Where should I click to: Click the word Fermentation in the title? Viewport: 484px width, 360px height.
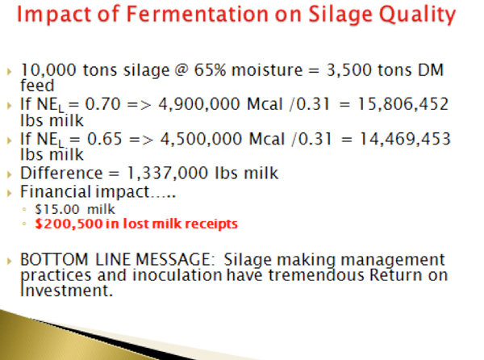click(198, 15)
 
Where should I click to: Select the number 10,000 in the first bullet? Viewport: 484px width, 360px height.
click(48, 70)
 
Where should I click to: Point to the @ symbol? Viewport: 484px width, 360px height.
click(181, 70)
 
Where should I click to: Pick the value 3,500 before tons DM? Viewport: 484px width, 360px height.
click(348, 70)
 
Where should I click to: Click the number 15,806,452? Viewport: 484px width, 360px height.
click(403, 104)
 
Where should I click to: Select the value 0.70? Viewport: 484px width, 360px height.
click(102, 104)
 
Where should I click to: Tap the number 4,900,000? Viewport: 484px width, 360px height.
click(199, 104)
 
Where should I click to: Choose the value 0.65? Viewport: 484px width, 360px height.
click(105, 139)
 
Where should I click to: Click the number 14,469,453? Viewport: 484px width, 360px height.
click(405, 139)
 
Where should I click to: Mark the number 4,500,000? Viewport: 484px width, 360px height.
click(201, 139)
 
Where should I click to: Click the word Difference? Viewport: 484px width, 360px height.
click(61, 173)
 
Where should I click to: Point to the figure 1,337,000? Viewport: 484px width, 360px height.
click(167, 174)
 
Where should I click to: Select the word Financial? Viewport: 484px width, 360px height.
click(56, 192)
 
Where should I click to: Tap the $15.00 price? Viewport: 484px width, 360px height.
click(57, 210)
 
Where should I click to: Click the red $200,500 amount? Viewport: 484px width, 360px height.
click(69, 224)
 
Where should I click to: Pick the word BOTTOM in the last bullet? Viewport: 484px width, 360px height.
click(54, 259)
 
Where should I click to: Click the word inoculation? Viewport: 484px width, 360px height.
click(177, 274)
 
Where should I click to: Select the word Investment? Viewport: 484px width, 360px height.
click(66, 291)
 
